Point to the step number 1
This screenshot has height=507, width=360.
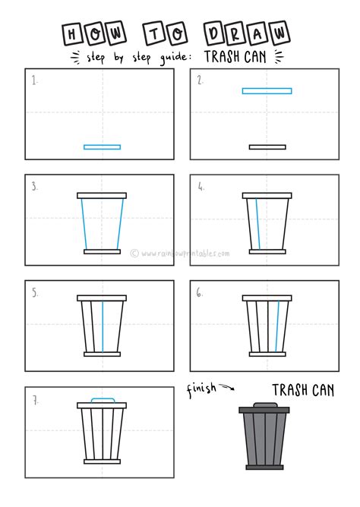tap(34, 80)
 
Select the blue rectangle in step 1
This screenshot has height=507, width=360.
tap(102, 147)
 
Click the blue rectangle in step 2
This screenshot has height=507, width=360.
tap(267, 91)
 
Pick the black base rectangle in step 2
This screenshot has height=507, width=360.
tap(267, 147)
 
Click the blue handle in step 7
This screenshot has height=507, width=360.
tap(102, 399)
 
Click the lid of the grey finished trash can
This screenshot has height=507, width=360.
tap(264, 410)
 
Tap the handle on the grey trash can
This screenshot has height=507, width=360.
tap(264, 404)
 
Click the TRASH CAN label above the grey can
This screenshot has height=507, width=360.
tap(300, 390)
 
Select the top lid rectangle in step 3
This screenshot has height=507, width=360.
tap(102, 196)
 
